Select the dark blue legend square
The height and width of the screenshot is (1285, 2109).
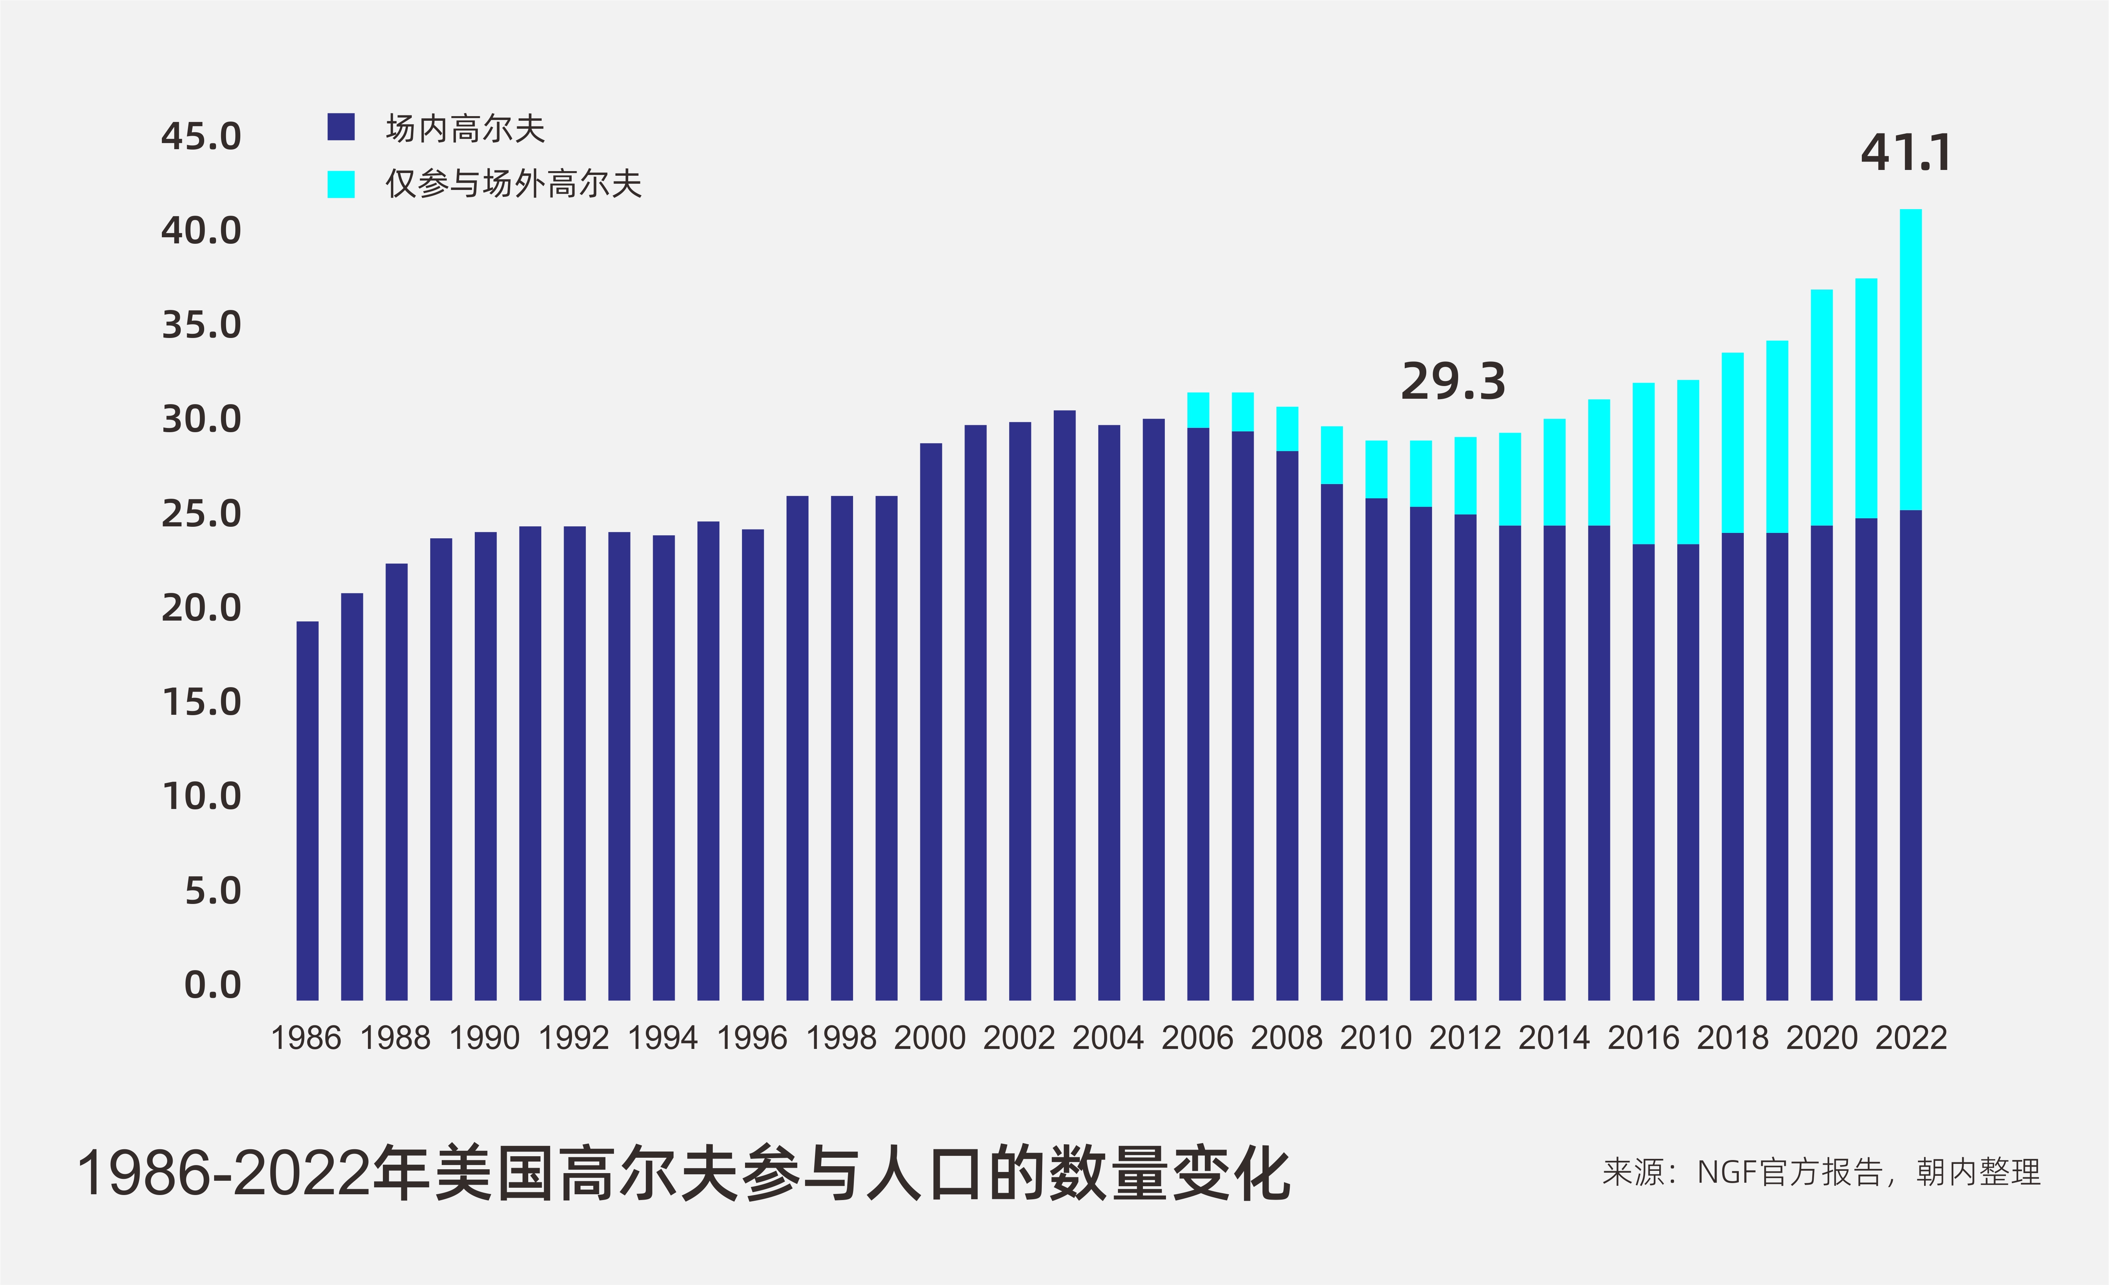341,127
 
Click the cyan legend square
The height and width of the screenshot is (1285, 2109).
341,184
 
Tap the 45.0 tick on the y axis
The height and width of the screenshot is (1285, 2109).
201,137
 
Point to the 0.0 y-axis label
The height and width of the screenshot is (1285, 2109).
212,985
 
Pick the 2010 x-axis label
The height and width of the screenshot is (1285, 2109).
1376,1039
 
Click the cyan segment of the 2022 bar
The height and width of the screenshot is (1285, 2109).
1910,360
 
